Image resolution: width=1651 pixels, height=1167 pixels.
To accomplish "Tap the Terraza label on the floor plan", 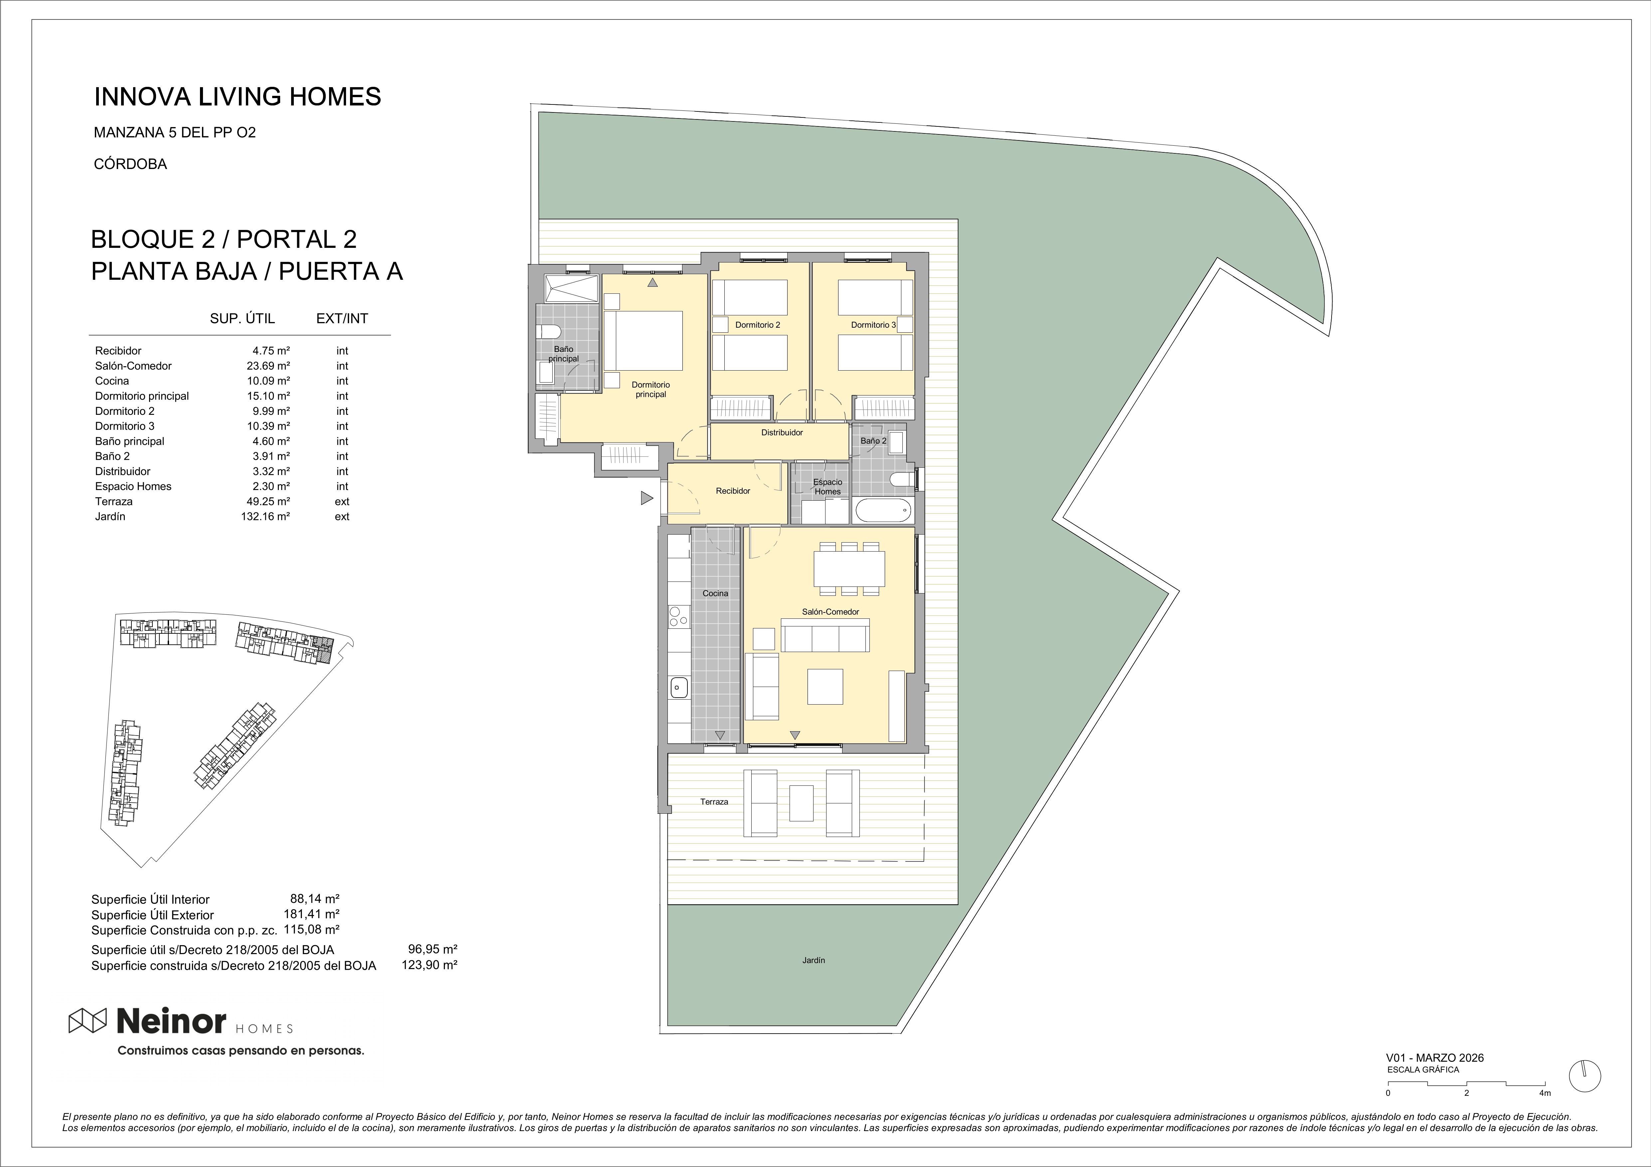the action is [714, 802].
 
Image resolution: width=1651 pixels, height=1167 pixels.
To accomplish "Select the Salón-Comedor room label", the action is [830, 612].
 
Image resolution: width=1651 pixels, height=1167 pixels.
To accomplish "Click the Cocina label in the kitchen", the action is [715, 593].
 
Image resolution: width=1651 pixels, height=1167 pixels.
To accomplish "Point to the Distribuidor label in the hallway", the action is [782, 433].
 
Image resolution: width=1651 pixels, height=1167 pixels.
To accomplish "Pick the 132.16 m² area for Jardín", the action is [265, 516].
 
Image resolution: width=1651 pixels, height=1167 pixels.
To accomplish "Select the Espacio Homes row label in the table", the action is [133, 486].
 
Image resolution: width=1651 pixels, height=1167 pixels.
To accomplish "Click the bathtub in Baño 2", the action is [882, 512].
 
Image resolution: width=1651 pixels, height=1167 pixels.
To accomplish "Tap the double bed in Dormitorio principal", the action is [643, 341].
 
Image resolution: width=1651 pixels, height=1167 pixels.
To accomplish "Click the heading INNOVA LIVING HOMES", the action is [238, 96].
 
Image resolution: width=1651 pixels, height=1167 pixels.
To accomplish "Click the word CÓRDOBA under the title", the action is [130, 164].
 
